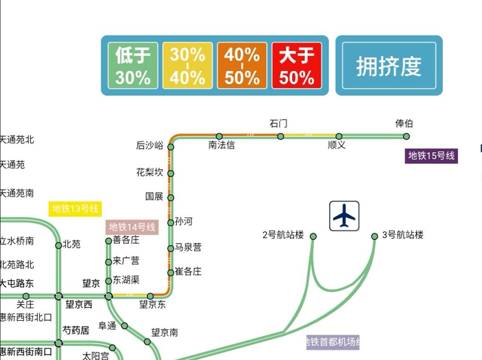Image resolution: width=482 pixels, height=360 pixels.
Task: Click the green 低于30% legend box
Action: (133, 65)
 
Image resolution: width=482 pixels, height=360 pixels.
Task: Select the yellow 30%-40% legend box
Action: (187, 65)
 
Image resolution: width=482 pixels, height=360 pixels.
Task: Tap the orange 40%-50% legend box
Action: (242, 65)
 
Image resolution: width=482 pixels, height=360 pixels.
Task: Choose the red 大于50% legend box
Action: (297, 65)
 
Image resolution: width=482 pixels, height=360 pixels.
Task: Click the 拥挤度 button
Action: (389, 65)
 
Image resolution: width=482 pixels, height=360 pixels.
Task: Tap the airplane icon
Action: (344, 215)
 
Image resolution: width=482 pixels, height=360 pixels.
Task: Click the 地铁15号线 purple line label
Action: (432, 156)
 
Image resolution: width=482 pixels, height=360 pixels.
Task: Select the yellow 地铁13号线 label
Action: (76, 208)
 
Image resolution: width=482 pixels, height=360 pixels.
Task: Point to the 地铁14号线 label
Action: (132, 226)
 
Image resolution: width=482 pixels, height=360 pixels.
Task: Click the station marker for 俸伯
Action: (404, 136)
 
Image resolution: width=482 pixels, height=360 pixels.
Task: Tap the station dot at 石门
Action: (280, 136)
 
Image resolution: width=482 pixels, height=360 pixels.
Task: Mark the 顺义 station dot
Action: (339, 136)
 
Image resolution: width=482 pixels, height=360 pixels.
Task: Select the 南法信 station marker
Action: (219, 136)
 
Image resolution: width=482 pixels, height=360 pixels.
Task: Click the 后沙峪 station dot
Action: (171, 147)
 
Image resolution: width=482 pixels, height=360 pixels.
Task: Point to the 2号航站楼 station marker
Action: (313, 236)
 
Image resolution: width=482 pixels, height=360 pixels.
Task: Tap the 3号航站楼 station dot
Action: (375, 236)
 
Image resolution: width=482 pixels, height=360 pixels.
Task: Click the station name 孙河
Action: (184, 222)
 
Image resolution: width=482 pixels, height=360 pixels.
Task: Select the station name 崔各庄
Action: (188, 272)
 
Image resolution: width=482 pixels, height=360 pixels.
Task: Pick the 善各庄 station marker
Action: (108, 241)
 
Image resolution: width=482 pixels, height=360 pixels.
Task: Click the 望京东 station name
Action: (153, 304)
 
